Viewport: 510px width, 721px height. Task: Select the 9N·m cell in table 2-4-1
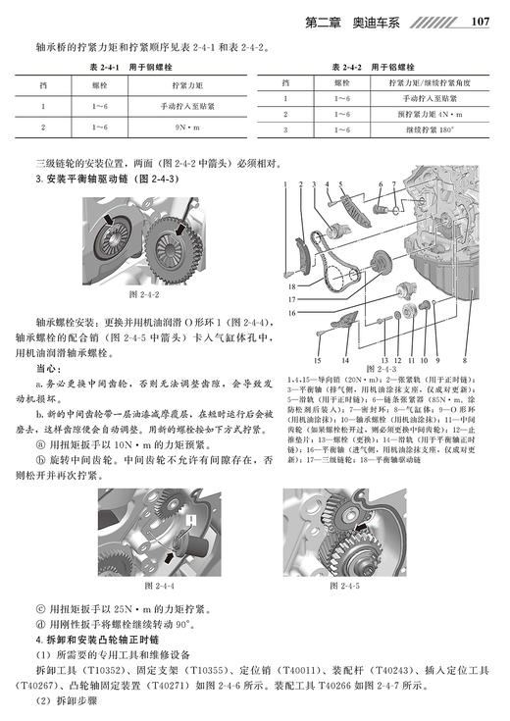pos(180,127)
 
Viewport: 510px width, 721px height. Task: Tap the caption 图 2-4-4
pos(158,586)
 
